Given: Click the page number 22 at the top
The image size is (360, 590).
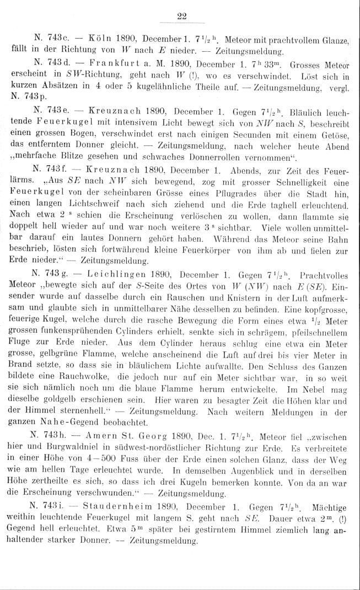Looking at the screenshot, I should pos(182,17).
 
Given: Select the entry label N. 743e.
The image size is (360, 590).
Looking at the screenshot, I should pos(52,112).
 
